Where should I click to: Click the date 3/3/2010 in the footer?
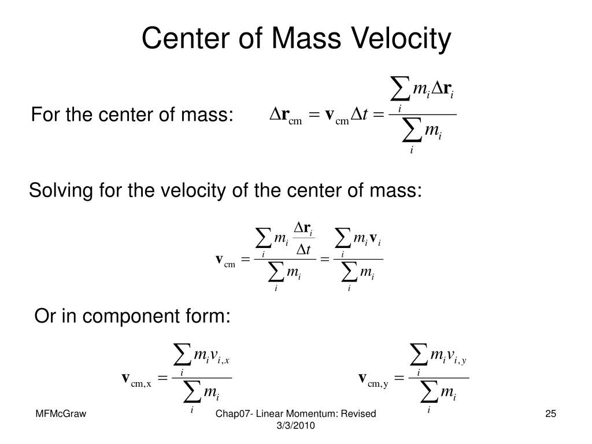click(x=295, y=425)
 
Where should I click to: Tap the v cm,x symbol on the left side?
click(x=136, y=379)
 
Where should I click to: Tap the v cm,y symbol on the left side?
click(x=373, y=379)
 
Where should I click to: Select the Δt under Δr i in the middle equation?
click(x=304, y=250)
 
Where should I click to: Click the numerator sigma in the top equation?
click(x=399, y=89)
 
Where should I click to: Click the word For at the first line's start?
click(x=45, y=116)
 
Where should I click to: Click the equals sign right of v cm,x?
click(x=163, y=379)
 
